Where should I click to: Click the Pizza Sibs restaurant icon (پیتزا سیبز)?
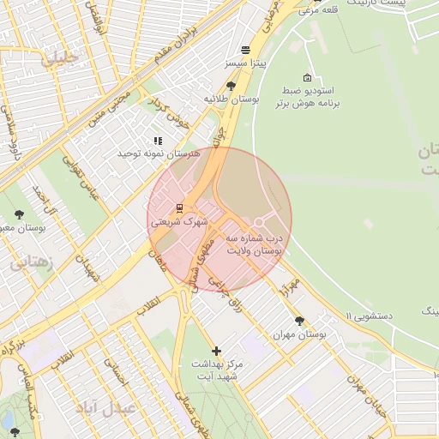246,50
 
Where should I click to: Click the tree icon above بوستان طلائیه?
232,86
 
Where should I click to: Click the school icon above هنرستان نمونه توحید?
157,141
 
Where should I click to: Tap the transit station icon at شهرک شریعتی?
179,207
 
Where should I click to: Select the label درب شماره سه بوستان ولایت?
255,244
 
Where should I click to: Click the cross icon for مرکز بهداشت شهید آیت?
216,351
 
